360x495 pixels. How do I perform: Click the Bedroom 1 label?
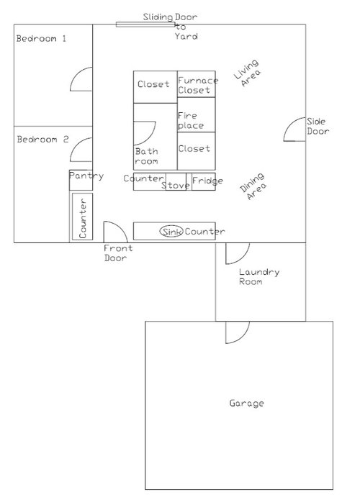tap(41, 39)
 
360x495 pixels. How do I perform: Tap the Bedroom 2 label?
tap(42, 139)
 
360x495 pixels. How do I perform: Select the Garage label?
tap(246, 403)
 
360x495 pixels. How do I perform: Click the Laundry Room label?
tap(259, 277)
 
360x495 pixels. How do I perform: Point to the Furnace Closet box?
tap(196, 85)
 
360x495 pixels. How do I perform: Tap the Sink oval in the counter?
tap(171, 232)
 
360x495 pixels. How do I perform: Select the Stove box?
tap(176, 185)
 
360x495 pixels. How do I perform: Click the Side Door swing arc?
tap(294, 131)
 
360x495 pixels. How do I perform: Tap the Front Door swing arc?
tap(114, 232)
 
